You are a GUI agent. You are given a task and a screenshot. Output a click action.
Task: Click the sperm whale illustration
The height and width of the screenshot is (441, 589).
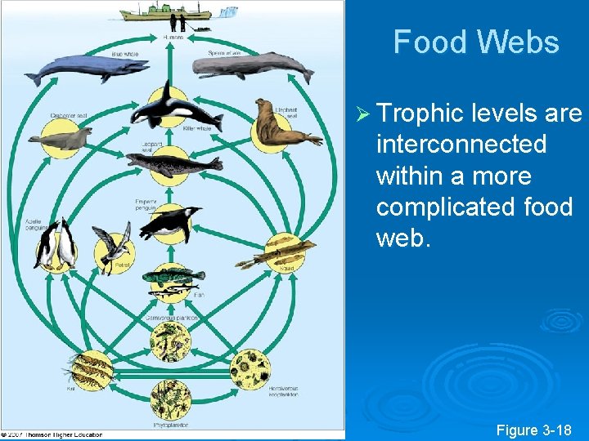coord(254,68)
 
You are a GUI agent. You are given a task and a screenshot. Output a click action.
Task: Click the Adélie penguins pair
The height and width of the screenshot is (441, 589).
coord(56,244)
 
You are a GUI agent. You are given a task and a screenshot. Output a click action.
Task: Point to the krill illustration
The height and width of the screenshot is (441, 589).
coord(90,372)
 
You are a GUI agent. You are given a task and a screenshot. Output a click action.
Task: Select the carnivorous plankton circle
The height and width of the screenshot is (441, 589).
coord(171,340)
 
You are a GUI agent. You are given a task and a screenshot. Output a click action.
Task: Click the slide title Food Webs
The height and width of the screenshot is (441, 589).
coord(476,42)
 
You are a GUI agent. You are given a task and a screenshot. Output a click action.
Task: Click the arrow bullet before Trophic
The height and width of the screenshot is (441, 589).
coord(362,113)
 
